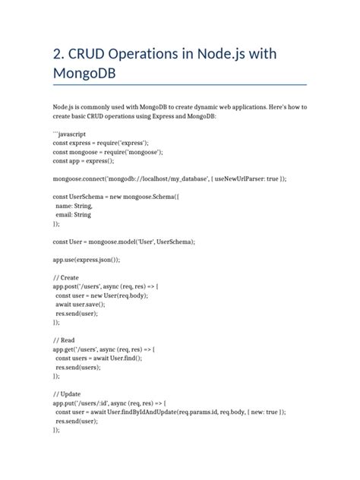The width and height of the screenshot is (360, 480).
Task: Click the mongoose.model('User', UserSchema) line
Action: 124,241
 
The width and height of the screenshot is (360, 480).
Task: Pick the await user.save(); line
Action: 85,302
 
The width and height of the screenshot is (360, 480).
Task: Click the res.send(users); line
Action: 79,365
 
